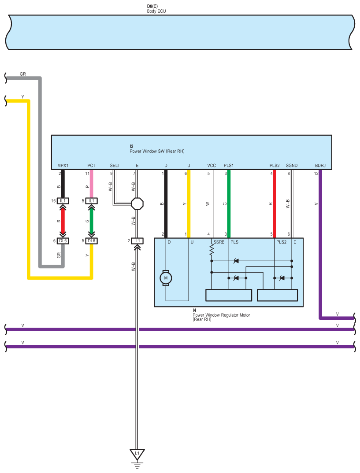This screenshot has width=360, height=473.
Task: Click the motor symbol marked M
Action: tap(166, 278)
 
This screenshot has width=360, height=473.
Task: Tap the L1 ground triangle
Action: tap(137, 454)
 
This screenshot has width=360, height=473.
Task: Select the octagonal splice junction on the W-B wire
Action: tap(137, 203)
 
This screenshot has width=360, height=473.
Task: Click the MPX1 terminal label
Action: tap(63, 166)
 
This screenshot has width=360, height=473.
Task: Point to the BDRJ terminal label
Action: tap(320, 166)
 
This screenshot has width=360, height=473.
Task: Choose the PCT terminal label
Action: tap(91, 166)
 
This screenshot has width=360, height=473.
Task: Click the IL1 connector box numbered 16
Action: tap(63, 201)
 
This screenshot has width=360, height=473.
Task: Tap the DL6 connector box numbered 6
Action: tap(63, 241)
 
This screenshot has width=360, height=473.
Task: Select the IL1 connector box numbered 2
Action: tap(137, 241)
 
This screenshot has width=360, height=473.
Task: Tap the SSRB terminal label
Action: tap(219, 242)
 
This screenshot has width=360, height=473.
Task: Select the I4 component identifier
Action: tap(194, 310)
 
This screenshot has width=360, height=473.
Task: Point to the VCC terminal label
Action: tap(212, 166)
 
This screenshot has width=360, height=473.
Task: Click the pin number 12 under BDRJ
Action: tap(316, 174)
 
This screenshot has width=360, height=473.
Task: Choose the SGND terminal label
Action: tap(292, 166)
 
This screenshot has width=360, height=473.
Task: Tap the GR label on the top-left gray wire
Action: tap(23, 74)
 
